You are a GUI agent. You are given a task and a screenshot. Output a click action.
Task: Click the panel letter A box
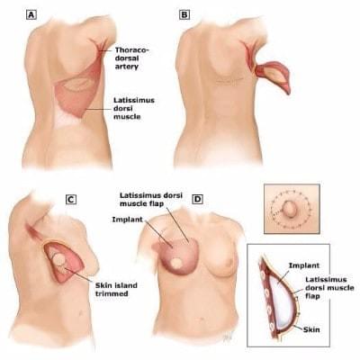(x=31, y=14)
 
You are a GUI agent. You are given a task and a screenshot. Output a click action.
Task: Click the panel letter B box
(x=184, y=14)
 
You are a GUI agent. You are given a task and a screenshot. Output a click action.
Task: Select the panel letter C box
(x=71, y=200)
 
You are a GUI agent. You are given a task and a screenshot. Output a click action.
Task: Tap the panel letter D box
(x=197, y=200)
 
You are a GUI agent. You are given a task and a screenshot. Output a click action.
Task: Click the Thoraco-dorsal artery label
(x=131, y=58)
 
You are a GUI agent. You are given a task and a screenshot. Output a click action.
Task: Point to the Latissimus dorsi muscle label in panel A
(x=134, y=108)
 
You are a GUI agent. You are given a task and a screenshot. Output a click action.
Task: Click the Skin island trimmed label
(x=116, y=289)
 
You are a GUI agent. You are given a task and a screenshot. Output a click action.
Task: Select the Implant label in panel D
(x=128, y=220)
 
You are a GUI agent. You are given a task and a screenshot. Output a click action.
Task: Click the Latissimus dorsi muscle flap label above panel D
(x=151, y=200)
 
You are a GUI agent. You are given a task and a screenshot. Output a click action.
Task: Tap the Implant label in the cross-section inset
(x=304, y=265)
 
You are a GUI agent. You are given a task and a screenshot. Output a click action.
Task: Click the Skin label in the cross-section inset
(x=311, y=329)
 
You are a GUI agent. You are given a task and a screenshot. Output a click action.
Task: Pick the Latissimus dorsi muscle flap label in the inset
(x=329, y=288)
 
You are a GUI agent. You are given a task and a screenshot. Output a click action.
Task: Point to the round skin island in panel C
(x=59, y=259)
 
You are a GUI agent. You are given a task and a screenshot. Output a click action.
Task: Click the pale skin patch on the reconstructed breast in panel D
(x=175, y=264)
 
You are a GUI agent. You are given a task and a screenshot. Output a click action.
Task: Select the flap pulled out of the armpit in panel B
(x=273, y=76)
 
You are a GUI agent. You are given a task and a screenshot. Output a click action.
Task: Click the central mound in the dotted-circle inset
(x=290, y=208)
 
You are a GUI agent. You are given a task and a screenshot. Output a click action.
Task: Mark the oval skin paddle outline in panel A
(x=78, y=84)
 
